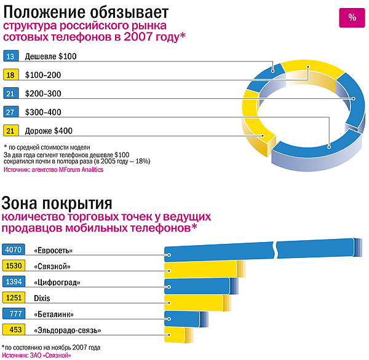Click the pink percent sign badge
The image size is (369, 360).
(352, 17)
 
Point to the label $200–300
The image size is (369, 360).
(44, 93)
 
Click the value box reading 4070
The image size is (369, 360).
(12, 250)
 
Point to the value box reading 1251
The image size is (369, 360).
(12, 297)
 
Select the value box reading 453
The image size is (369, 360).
(12, 330)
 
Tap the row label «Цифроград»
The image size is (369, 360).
(58, 282)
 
